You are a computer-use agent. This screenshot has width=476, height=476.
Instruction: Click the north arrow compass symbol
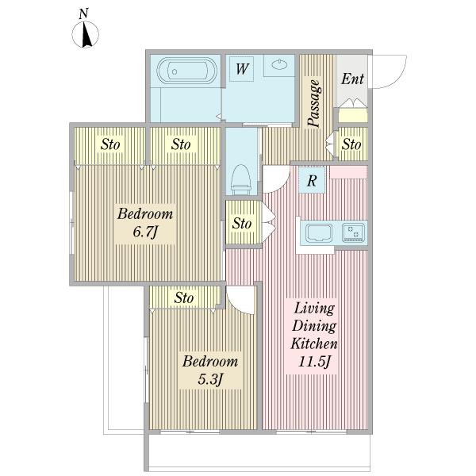86,33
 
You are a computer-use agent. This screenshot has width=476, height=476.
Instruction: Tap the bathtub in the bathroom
186,71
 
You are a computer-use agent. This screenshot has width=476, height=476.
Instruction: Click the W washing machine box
242,69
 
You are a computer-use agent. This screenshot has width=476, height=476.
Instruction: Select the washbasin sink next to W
279,64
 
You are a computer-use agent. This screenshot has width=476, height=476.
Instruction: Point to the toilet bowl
241,179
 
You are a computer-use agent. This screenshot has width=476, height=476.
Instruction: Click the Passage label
314,103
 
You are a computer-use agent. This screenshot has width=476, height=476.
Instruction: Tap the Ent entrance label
352,79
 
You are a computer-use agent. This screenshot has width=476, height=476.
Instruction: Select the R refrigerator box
312,180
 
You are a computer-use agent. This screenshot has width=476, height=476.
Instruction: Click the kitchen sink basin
319,232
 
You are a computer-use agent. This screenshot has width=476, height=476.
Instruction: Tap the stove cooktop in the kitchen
353,232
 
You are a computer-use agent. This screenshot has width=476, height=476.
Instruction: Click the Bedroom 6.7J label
145,223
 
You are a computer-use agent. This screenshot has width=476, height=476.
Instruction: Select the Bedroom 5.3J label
210,370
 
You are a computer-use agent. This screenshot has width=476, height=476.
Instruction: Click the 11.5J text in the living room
314,362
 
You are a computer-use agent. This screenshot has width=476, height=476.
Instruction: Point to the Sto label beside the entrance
351,144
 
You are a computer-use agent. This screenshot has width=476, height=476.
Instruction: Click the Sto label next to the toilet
242,224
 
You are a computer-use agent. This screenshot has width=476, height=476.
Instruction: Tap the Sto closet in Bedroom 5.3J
185,297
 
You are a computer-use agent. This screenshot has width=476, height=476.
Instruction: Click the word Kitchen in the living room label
314,344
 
